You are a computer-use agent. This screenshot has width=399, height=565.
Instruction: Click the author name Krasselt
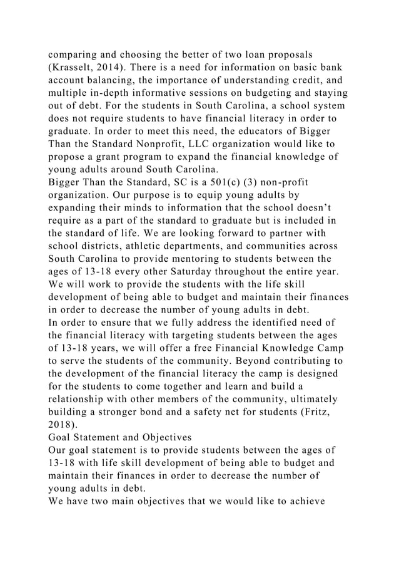(x=81, y=67)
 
